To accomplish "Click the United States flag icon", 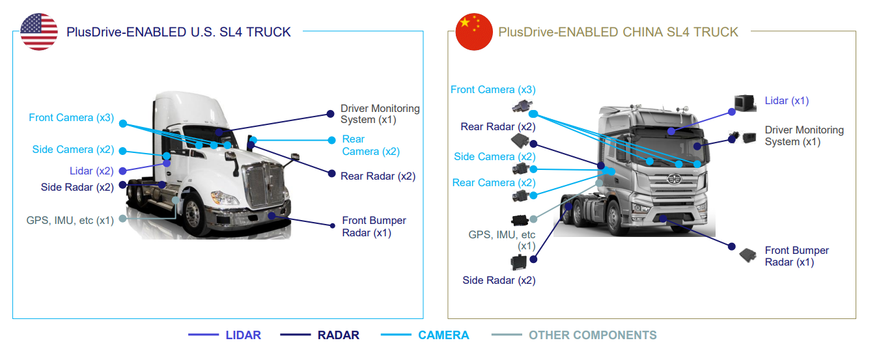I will [39, 31].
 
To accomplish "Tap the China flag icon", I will [473, 31].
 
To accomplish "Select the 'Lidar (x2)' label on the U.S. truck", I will [91, 171].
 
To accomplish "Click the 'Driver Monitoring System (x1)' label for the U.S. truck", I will [380, 114].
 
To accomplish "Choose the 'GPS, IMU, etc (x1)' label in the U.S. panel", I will [70, 220].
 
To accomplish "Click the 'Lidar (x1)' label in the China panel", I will [787, 101].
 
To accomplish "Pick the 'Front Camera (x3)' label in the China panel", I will [493, 90].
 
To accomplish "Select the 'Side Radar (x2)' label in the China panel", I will [499, 281].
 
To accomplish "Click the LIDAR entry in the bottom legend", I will [243, 335].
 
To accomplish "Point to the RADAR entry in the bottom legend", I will [338, 335].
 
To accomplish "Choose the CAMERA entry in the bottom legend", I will [443, 335].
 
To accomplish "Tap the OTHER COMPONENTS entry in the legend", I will [592, 335].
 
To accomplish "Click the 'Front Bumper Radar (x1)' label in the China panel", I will [796, 256].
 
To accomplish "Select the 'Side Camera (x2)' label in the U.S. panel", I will [73, 150].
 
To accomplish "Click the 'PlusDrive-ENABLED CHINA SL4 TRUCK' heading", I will [618, 32].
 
